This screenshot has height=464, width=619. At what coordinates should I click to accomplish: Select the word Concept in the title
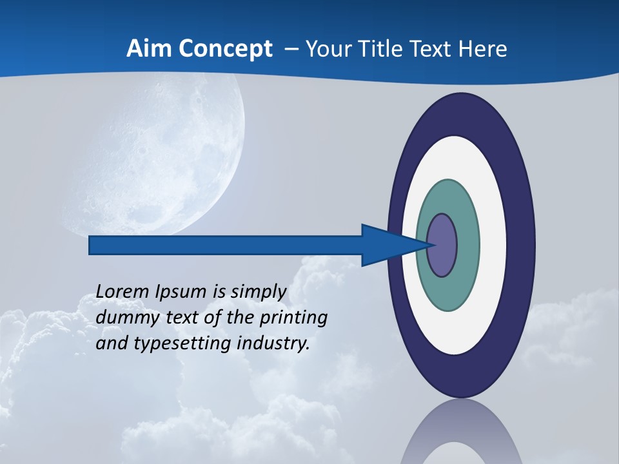pos(225,50)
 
